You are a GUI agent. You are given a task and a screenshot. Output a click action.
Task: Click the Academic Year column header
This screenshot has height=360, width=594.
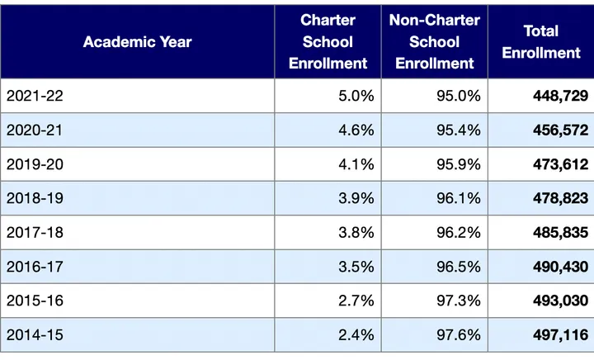137,41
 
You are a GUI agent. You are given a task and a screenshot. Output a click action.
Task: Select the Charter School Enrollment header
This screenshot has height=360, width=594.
328,41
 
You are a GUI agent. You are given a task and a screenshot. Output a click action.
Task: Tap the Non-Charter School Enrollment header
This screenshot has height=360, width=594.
434,41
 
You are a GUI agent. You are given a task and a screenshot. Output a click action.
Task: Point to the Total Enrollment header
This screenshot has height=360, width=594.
541,41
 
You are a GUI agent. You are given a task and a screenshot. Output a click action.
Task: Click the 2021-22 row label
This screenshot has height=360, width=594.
35,96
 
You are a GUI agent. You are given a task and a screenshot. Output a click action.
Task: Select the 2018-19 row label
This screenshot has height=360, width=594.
35,198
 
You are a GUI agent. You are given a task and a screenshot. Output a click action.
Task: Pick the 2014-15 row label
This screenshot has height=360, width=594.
35,334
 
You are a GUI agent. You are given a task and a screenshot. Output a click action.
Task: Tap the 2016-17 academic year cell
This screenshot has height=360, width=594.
35,266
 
